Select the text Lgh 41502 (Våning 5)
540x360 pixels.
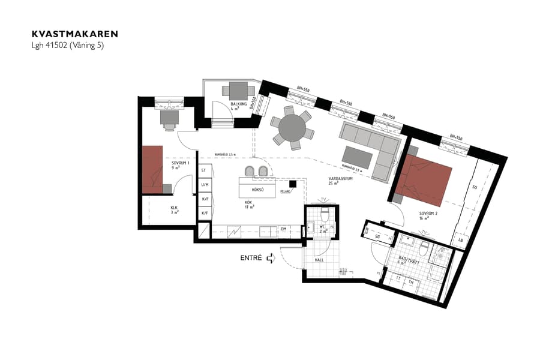click(x=67, y=45)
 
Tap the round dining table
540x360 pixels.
click(x=292, y=127)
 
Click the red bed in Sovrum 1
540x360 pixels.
click(x=152, y=169)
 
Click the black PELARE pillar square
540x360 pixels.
click(x=292, y=184)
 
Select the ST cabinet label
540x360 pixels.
click(x=204, y=170)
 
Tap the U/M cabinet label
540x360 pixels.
click(x=205, y=185)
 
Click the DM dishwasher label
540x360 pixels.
click(x=283, y=229)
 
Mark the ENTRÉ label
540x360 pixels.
click(x=251, y=258)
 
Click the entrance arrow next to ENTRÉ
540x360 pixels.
click(x=271, y=258)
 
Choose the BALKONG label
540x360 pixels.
click(x=239, y=104)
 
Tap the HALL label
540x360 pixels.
click(x=319, y=260)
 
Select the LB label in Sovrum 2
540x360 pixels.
click(x=460, y=240)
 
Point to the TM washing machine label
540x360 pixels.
click(x=411, y=281)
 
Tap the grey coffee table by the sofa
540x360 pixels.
click(x=359, y=158)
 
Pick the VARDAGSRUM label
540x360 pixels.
click(x=340, y=179)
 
